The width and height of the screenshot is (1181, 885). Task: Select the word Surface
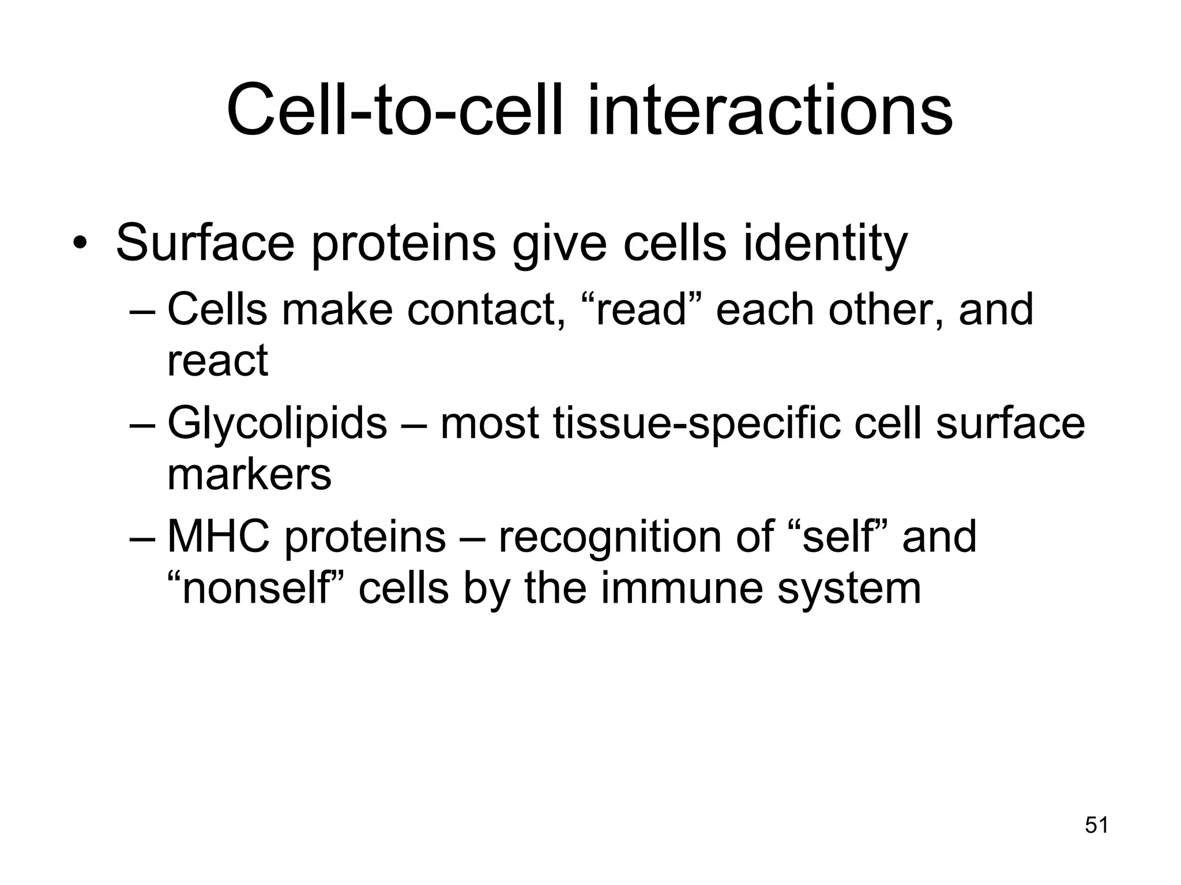click(205, 243)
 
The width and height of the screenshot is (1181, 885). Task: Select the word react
click(217, 361)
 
